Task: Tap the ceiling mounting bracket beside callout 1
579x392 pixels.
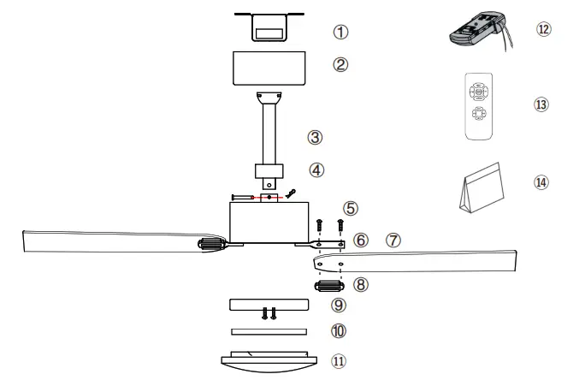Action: click(x=269, y=26)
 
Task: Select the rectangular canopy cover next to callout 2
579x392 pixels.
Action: click(x=269, y=68)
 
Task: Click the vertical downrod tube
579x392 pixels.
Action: click(x=269, y=133)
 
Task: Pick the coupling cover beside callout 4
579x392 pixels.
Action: click(x=269, y=170)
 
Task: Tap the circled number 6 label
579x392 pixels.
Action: click(x=362, y=241)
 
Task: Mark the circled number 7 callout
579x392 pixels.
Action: click(x=393, y=241)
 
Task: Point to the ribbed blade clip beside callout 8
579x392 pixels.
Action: click(x=328, y=286)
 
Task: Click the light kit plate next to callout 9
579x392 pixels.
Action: click(x=269, y=305)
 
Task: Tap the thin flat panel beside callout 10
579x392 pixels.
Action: click(x=269, y=331)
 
